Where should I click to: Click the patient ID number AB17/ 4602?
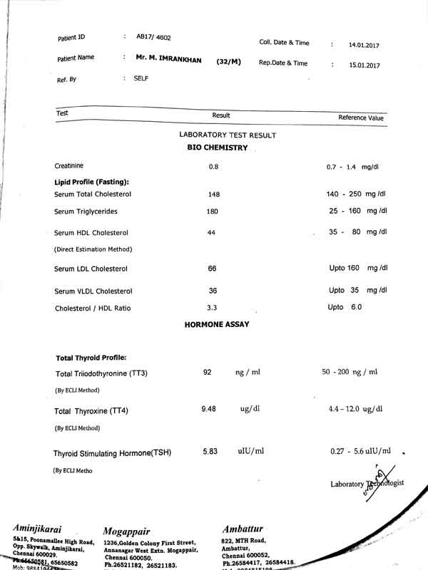pyautogui.click(x=154, y=36)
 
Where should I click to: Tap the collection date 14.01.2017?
pyautogui.click(x=364, y=45)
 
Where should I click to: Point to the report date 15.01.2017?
pyautogui.click(x=364, y=66)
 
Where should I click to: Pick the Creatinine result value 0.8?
pyautogui.click(x=213, y=167)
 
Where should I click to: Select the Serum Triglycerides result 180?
pyautogui.click(x=213, y=212)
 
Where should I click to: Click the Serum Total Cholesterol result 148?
pyautogui.click(x=214, y=195)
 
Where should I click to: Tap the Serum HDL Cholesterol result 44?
pyautogui.click(x=211, y=233)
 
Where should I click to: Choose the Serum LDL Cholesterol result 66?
pyautogui.click(x=212, y=269)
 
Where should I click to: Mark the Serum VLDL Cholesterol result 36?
pyautogui.click(x=213, y=291)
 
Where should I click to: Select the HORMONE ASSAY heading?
pyautogui.click(x=217, y=324)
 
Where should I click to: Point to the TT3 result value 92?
pyautogui.click(x=208, y=372)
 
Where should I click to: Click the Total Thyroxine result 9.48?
pyautogui.click(x=209, y=408)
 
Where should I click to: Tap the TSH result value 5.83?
pyautogui.click(x=210, y=451)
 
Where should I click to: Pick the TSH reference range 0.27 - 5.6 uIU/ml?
pyautogui.click(x=361, y=450)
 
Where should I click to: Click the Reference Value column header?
pyautogui.click(x=361, y=118)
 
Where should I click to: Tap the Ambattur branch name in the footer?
pyautogui.click(x=243, y=529)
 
